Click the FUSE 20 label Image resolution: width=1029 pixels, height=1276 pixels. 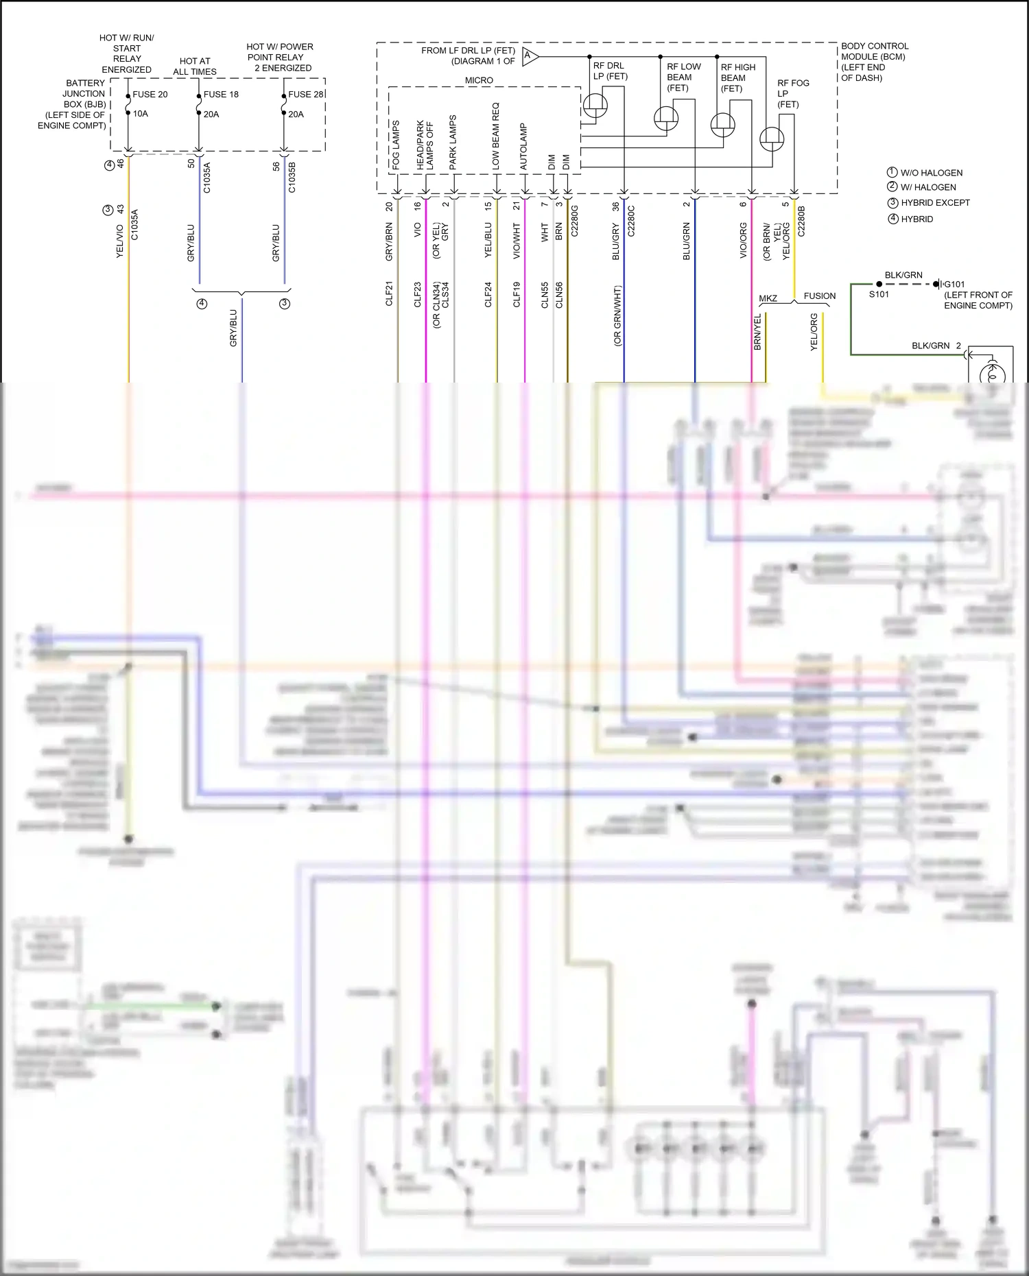coord(150,95)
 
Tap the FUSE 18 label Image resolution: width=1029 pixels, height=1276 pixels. coord(221,95)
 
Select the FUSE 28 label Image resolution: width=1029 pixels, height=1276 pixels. coord(305,95)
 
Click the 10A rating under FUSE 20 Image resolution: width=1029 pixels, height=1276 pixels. coord(141,114)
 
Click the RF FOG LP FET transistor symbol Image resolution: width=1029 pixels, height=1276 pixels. coord(772,139)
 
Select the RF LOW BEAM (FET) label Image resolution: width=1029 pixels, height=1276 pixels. coord(683,77)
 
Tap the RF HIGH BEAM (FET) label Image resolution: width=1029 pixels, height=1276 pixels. coord(737,77)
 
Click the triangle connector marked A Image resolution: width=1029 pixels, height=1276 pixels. coord(529,56)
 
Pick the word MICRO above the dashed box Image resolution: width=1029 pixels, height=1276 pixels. coord(479,80)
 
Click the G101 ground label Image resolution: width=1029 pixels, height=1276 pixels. coord(954,284)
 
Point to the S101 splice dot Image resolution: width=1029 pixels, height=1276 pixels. coord(879,284)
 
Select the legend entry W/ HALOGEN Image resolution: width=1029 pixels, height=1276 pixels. coord(927,187)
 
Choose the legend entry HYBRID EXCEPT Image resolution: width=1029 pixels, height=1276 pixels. coord(935,203)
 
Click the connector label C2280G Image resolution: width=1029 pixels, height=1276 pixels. coord(575,221)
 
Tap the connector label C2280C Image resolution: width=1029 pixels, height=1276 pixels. coord(631,221)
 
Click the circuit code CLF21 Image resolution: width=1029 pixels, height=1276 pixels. coord(389,293)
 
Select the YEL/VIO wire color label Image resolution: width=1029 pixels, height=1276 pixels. coord(120,241)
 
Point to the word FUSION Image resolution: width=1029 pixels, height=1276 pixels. coord(820,296)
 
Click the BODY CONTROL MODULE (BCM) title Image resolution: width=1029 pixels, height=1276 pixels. coord(874,51)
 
